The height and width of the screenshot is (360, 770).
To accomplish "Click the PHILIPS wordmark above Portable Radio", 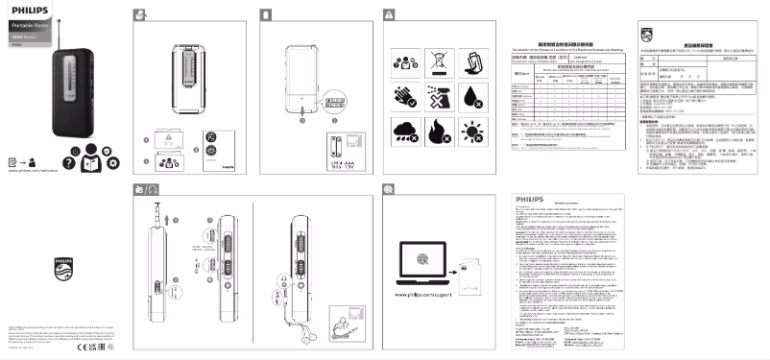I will click(26, 9).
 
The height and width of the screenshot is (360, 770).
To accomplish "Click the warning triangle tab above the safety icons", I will click(388, 14).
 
